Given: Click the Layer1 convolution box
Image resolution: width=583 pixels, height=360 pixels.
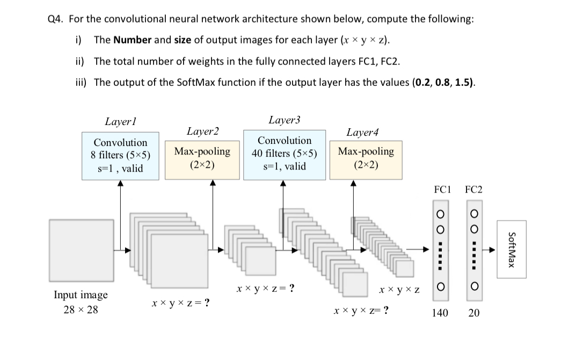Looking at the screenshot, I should pos(120,156).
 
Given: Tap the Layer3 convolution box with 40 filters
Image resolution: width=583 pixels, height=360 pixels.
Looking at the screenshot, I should pos(285,153).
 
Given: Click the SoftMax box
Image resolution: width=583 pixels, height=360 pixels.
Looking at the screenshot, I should pos(512,249).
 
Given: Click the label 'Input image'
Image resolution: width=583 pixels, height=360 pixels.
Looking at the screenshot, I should pos(81,295).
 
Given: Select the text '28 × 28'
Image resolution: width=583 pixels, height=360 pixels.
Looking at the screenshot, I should pos(81,310).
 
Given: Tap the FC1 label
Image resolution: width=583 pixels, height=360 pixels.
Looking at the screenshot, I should pos(441,189).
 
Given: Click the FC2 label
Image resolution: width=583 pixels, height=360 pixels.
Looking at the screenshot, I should pos(473,189).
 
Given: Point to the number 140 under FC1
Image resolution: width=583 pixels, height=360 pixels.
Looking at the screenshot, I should pos(440,313).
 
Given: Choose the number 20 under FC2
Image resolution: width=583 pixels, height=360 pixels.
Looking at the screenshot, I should pos(473,313).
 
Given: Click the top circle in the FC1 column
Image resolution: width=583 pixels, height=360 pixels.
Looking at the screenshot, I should pos(440,214).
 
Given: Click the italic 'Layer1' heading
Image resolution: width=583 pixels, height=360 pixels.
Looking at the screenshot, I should pos(120,122).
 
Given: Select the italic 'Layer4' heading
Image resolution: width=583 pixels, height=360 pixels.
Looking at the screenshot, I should pos(362,132).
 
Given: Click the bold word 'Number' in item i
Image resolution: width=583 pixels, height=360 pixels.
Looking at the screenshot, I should pos(133,40).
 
